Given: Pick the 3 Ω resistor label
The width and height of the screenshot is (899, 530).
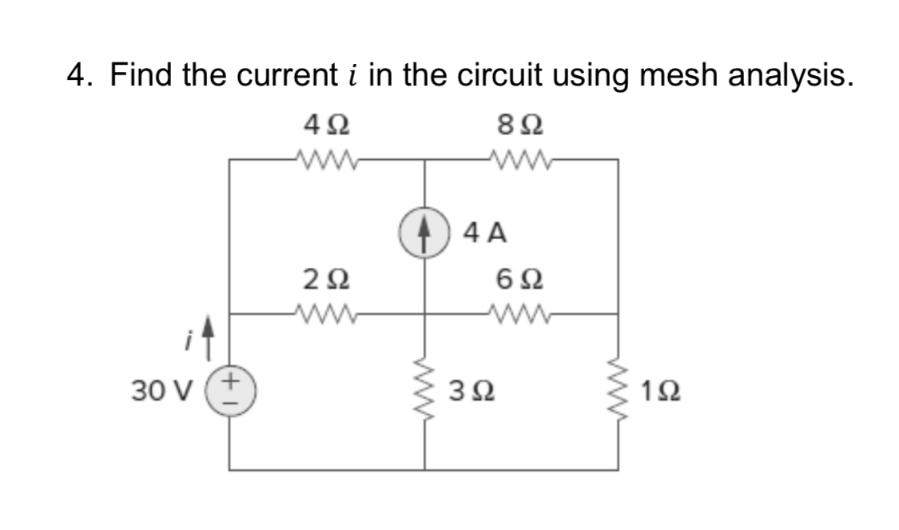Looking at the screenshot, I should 472,393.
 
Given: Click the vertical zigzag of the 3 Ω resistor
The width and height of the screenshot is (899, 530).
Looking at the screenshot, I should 424,392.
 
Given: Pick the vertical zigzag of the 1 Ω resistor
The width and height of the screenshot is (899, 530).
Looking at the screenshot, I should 618,392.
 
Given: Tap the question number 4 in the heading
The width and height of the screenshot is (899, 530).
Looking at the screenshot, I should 78,75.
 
